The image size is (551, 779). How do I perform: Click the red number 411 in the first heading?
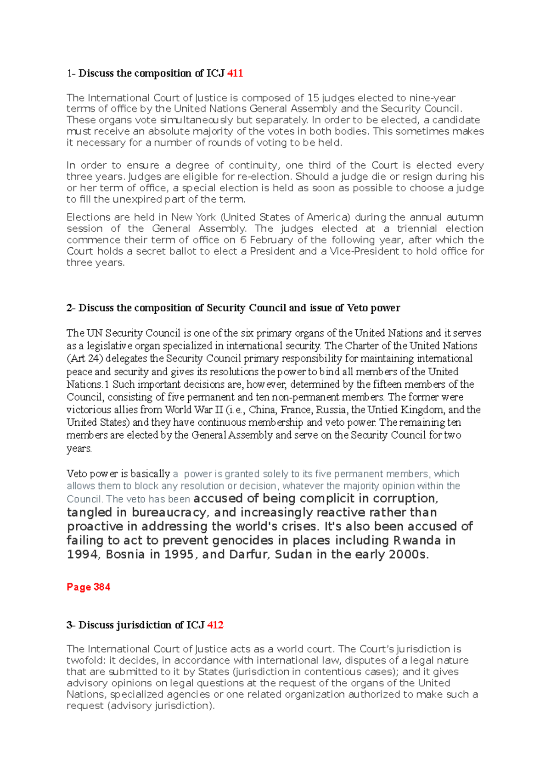235,73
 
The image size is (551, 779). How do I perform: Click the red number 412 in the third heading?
215,625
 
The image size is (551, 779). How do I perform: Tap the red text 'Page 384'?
88,587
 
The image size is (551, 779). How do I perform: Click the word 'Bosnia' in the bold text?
125,555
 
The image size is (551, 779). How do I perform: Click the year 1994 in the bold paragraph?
83,555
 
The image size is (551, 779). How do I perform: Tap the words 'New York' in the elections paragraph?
193,217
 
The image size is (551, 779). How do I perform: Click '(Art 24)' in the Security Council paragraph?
84,359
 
